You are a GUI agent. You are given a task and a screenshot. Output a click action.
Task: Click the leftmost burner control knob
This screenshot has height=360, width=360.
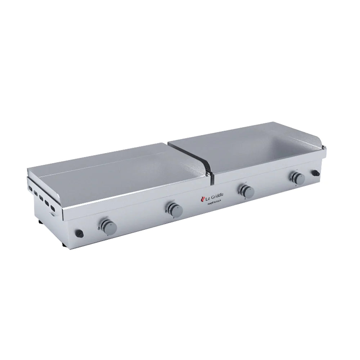tap(108, 226)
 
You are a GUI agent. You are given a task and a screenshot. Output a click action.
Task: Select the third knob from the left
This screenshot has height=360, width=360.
tap(247, 191)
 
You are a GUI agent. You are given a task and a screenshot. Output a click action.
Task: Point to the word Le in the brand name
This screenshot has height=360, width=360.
tap(208, 198)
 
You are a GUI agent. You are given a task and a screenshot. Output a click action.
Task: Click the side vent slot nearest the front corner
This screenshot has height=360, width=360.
tap(53, 208)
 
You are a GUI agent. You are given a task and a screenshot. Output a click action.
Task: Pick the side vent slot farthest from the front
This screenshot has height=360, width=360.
tap(30, 189)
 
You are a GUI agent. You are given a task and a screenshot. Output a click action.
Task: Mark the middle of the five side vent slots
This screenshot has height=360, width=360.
tap(41, 198)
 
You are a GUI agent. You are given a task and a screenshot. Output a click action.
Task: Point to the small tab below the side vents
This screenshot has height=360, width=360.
tap(53, 215)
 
